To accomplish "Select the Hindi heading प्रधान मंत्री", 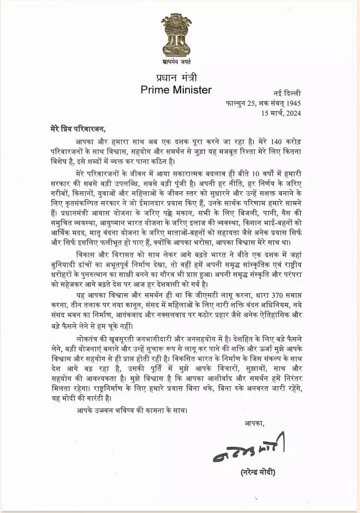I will [x=176, y=78].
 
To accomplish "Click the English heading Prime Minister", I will [x=176, y=90].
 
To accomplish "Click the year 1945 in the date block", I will [x=304, y=104].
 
